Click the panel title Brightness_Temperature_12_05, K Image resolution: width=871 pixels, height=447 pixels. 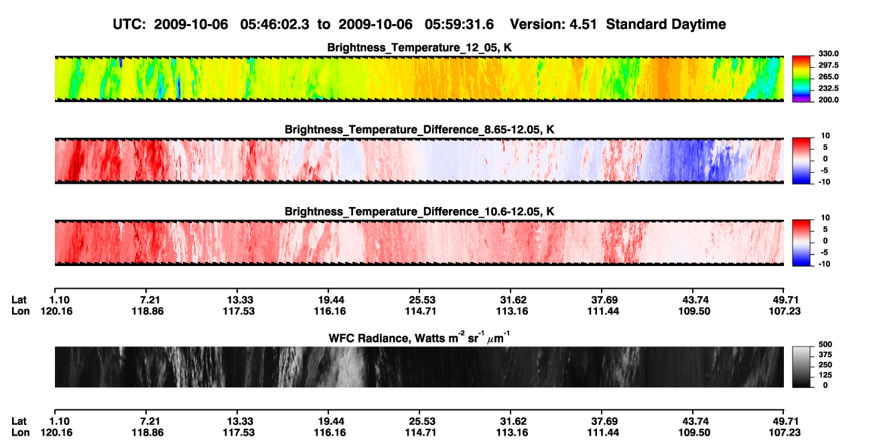coord(419,48)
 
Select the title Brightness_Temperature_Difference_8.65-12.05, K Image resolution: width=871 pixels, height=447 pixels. coord(419,129)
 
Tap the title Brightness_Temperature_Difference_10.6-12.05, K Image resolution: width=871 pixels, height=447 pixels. coord(419,212)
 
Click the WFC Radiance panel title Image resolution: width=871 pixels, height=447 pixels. coord(419,338)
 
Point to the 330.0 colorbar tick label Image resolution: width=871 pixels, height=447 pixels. coord(828,54)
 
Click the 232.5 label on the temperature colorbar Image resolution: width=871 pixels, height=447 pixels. coord(828,88)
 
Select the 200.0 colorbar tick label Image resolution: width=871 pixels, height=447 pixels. coord(828,100)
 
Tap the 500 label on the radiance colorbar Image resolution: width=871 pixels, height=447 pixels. coord(825,344)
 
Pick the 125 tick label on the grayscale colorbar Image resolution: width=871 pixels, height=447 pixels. coord(825,375)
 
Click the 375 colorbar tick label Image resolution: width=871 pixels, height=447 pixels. coord(825,355)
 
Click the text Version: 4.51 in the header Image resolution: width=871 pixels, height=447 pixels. coord(553,24)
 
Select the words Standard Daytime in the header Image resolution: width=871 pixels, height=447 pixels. coord(666,24)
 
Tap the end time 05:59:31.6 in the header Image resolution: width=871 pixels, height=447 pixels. coord(459,24)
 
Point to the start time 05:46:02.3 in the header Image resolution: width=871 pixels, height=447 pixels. coord(275,24)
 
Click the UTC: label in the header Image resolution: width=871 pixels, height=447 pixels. coord(129,24)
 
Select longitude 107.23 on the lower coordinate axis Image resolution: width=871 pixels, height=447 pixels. coord(785,433)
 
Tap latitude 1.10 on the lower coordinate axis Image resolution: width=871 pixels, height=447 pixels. coord(59,422)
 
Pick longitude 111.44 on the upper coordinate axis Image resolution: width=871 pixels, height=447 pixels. coord(603,311)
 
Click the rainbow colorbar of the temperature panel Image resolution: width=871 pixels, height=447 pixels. coord(801,79)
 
